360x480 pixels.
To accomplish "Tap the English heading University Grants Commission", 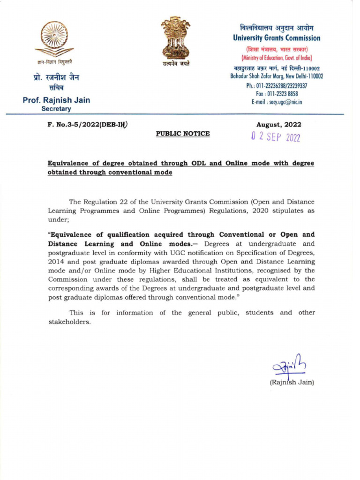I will coord(277,38).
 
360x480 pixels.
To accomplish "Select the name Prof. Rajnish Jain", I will coord(56,100).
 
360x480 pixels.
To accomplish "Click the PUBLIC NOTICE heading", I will coord(183,134).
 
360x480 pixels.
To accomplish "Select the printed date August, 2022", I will coord(278,125).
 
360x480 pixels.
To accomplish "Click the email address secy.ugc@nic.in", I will coord(277,102).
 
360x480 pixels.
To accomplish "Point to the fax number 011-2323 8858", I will coord(277,94).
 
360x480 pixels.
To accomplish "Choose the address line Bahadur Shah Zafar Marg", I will coord(277,76).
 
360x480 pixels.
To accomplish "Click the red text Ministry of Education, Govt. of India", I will coord(277,58).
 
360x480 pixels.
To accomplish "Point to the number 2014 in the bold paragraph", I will coord(57,261).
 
